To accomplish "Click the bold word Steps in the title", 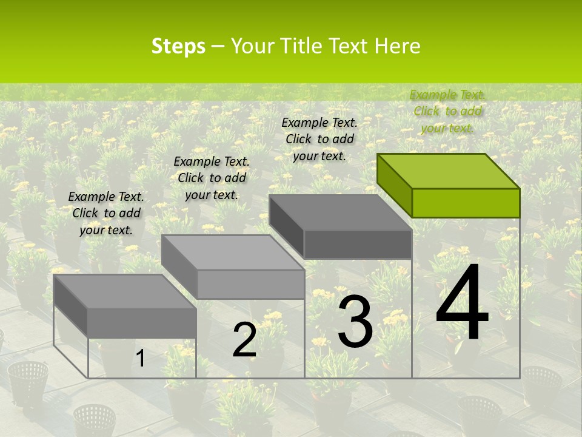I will (x=178, y=46).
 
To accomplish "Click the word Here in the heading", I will (x=397, y=46).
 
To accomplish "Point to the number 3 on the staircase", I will (x=355, y=322).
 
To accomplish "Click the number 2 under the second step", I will (x=244, y=340).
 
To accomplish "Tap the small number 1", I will (x=141, y=359).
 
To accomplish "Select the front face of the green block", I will (x=466, y=203).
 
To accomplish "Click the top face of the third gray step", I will (x=340, y=212).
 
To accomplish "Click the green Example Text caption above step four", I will (x=447, y=111).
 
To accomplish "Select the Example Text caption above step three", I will (x=319, y=139).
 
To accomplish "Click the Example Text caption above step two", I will (x=212, y=178).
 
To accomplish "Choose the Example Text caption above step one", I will (x=106, y=213).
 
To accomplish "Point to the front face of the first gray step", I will (x=142, y=323).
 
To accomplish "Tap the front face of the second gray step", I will (x=250, y=284).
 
